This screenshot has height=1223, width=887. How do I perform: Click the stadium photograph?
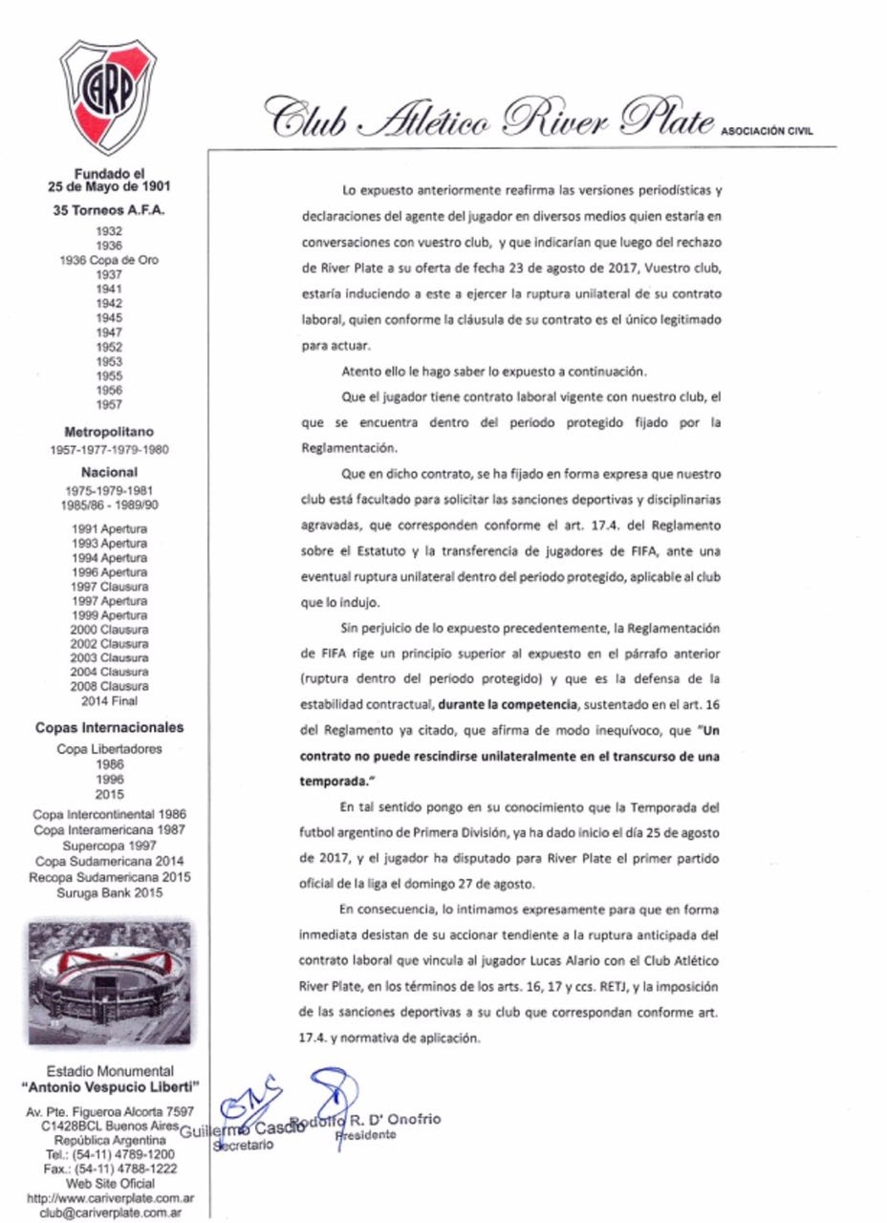pyautogui.click(x=108, y=983)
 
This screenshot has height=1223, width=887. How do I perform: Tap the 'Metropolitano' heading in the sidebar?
pyautogui.click(x=107, y=431)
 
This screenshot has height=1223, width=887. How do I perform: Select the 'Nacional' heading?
pyautogui.click(x=109, y=471)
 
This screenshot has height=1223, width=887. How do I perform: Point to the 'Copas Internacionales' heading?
pyautogui.click(x=109, y=727)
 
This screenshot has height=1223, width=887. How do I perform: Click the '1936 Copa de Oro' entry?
pyautogui.click(x=109, y=260)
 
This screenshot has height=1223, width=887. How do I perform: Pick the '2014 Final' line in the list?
pyautogui.click(x=109, y=700)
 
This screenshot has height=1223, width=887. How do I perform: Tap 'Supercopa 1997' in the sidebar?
pyautogui.click(x=109, y=847)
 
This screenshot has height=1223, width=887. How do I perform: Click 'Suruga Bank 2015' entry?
pyautogui.click(x=109, y=892)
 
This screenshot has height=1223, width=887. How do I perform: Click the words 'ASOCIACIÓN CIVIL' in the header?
pyautogui.click(x=766, y=132)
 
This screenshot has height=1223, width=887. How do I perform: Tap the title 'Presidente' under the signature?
pyautogui.click(x=366, y=1135)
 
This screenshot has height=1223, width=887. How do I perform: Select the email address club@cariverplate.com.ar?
pyautogui.click(x=108, y=1212)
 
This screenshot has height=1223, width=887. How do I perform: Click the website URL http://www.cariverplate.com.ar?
pyautogui.click(x=108, y=1197)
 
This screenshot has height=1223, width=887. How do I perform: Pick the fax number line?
pyautogui.click(x=108, y=1169)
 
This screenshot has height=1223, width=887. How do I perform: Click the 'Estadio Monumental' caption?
pyautogui.click(x=109, y=1071)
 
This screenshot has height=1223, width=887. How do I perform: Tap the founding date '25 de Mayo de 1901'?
pyautogui.click(x=109, y=186)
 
